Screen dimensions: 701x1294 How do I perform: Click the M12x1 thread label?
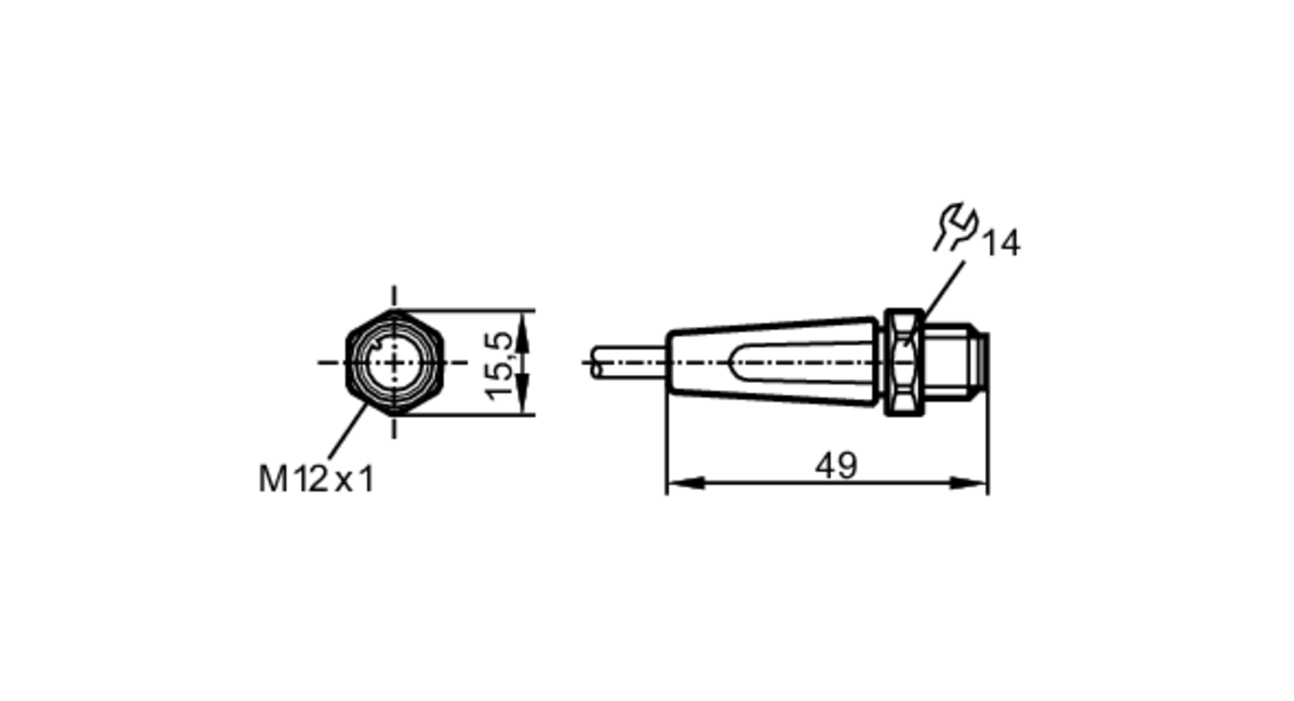pyautogui.click(x=316, y=479)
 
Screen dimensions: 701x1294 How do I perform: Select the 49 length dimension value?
pyautogui.click(x=836, y=466)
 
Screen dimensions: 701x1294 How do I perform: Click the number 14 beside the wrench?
pyautogui.click(x=1001, y=244)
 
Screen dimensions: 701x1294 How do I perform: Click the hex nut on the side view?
pyautogui.click(x=904, y=362)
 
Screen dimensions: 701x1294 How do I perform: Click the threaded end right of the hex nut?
pyautogui.click(x=951, y=362)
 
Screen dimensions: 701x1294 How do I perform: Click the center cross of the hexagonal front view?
pyautogui.click(x=395, y=363)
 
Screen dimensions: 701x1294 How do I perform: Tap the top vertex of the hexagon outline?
pyautogui.click(x=395, y=311)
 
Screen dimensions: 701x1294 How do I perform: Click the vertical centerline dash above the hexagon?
pyautogui.click(x=395, y=296)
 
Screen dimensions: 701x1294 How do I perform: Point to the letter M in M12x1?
pyautogui.click(x=272, y=480)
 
